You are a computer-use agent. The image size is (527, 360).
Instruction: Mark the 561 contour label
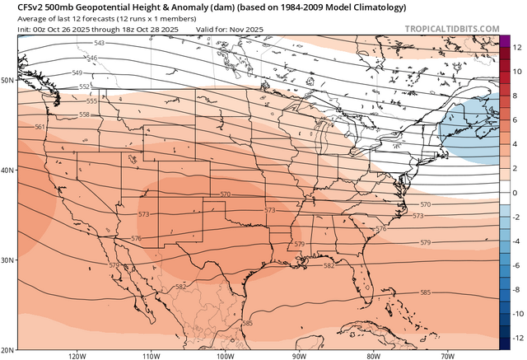coord(40,127)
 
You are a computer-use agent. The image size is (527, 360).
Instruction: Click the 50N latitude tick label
coord(8,81)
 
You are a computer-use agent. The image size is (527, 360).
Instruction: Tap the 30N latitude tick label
coord(8,260)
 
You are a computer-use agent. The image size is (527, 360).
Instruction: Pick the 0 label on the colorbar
coord(514,193)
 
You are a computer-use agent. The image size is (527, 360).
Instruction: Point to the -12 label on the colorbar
coord(515,339)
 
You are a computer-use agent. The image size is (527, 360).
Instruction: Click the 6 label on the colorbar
coord(514,120)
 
